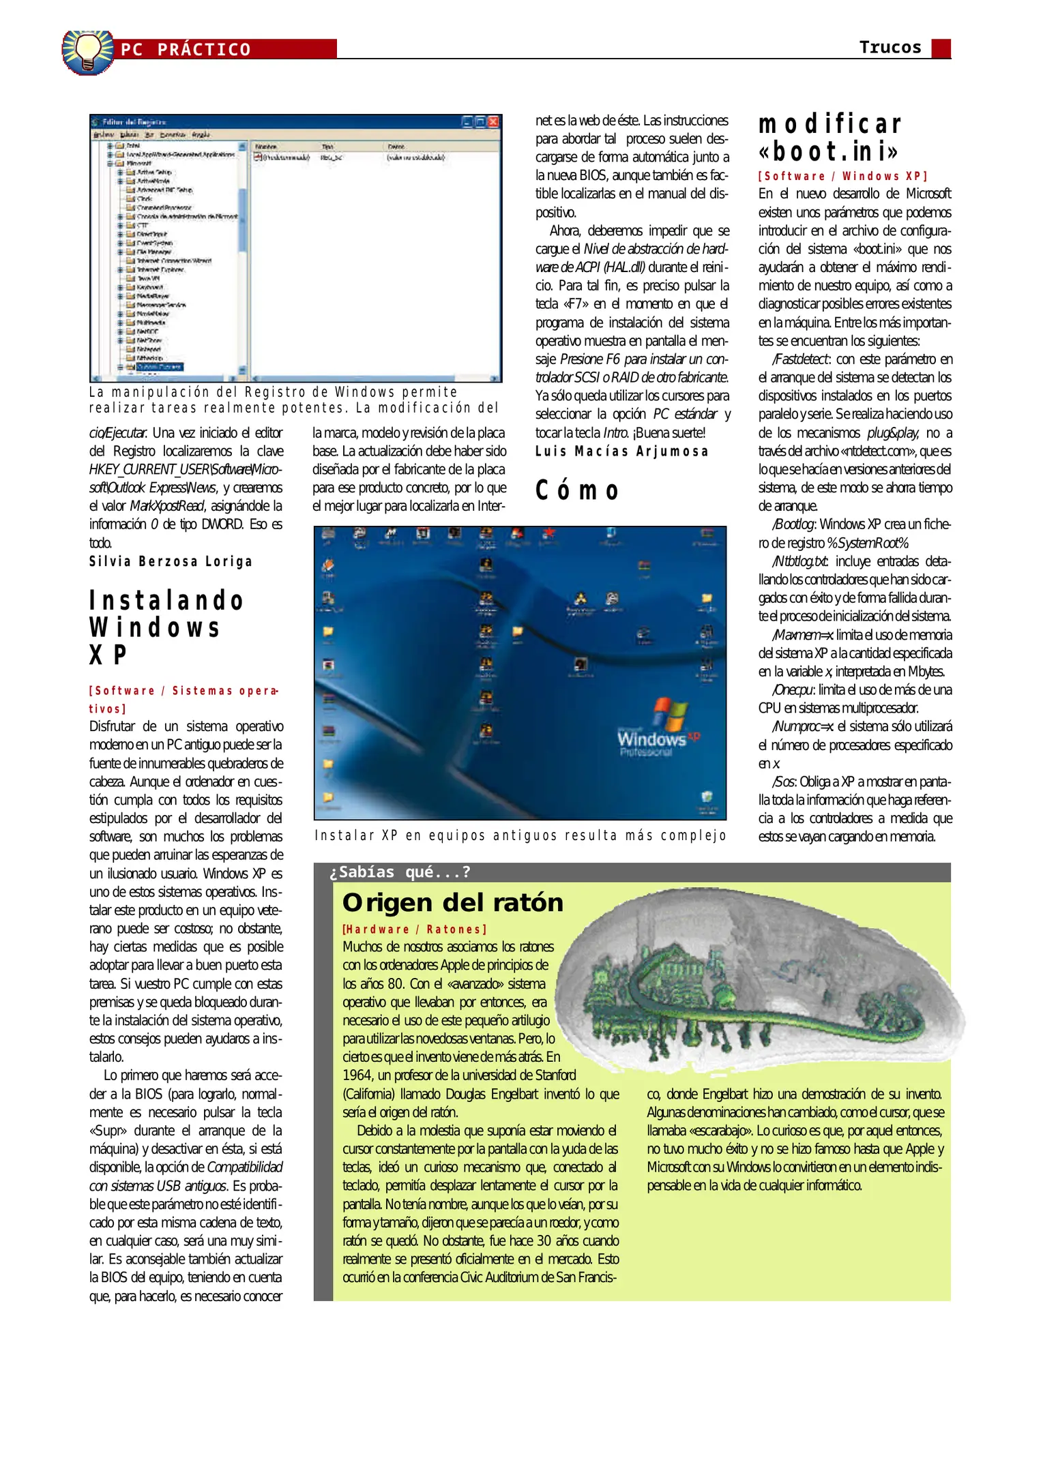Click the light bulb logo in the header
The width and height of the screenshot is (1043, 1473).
[87, 51]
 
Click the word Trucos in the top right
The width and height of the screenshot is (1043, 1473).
[890, 47]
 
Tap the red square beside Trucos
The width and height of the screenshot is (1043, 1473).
[941, 48]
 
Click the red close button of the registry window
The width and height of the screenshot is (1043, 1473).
[494, 122]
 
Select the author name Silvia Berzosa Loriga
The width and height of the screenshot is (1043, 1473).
[171, 561]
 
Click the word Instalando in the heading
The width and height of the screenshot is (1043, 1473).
[166, 601]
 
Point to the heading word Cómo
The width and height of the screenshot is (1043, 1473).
[577, 490]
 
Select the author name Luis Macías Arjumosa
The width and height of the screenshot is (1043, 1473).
[621, 451]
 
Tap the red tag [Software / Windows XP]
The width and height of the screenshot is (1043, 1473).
[842, 176]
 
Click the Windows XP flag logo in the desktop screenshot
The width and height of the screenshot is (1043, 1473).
[669, 715]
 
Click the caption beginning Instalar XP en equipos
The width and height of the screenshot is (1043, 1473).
[520, 835]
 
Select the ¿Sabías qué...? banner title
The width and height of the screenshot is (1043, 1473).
[400, 872]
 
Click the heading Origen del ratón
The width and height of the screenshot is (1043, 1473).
[453, 903]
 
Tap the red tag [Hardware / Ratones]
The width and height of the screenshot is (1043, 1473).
[414, 929]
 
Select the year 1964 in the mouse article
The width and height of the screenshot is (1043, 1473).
[357, 1075]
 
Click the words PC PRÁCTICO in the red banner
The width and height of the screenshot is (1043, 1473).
[186, 50]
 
